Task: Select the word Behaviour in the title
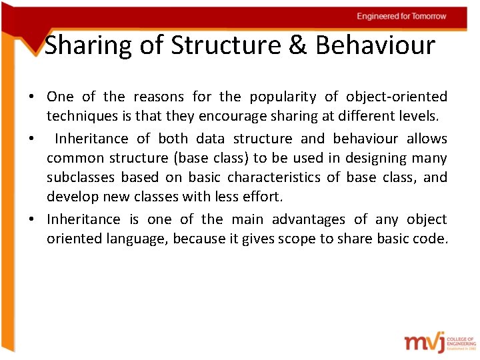[x=375, y=46]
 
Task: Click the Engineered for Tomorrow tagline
[x=401, y=16]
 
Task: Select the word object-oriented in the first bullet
[x=397, y=97]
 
